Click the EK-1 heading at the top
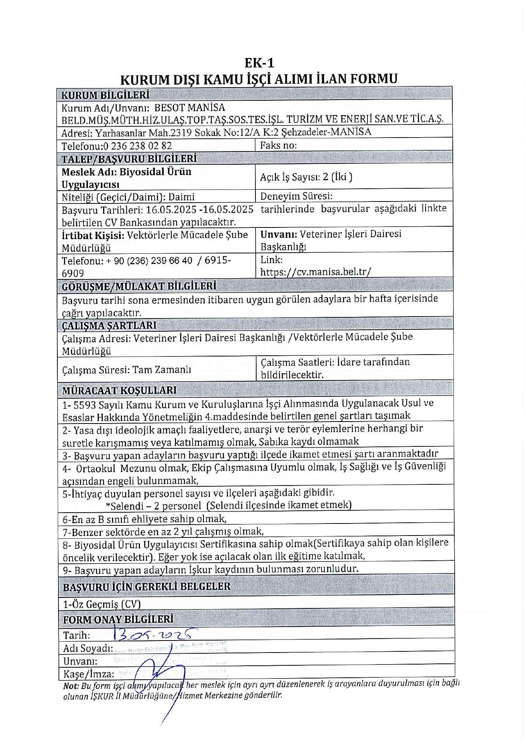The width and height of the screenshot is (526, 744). point(259,63)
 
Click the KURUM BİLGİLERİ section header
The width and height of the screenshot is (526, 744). point(105,95)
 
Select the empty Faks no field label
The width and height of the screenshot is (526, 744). point(278,145)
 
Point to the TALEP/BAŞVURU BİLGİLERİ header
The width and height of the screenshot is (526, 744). point(129,159)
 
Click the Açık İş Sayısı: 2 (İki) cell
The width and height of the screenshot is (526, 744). point(306,177)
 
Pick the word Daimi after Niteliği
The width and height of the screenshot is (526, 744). point(181,197)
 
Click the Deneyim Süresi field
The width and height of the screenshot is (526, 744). point(296,196)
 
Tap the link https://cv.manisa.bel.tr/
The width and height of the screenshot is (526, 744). point(316,272)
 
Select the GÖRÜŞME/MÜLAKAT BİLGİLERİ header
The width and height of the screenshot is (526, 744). point(139,286)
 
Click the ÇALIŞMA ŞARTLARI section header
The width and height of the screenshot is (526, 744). point(109,325)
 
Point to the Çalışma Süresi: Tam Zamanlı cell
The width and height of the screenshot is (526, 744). point(126,370)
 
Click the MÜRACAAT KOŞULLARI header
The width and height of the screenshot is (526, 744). point(119,390)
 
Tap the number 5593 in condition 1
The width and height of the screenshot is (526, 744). point(85,405)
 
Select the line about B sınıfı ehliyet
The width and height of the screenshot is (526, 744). point(145,519)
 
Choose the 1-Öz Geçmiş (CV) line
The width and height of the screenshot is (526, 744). point(102,604)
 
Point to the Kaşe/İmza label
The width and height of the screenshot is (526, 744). point(89,674)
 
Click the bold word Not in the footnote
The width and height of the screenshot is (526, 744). point(71,686)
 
